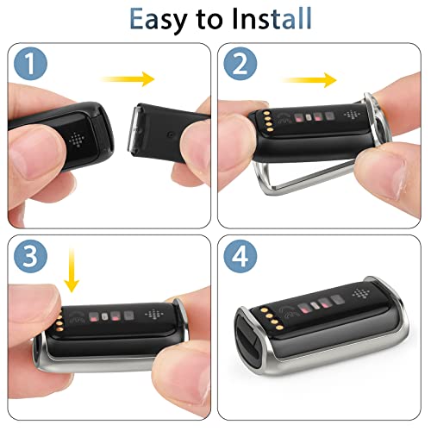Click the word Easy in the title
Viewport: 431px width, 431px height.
coord(159,19)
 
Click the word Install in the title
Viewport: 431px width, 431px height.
coord(272,18)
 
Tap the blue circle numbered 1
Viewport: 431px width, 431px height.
coord(30,64)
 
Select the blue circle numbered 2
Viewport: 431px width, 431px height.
coord(240,64)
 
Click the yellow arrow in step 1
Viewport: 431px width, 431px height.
coord(128,79)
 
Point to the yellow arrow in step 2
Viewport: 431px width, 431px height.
coord(309,79)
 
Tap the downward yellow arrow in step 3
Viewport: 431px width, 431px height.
coord(72,270)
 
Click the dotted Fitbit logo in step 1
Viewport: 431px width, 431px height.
coord(77,140)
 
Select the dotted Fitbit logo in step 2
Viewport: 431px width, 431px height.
coord(352,115)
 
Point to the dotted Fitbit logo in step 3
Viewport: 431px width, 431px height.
coord(153,314)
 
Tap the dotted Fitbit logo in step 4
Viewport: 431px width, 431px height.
coord(361,293)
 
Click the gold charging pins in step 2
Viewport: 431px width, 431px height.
coord(269,122)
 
